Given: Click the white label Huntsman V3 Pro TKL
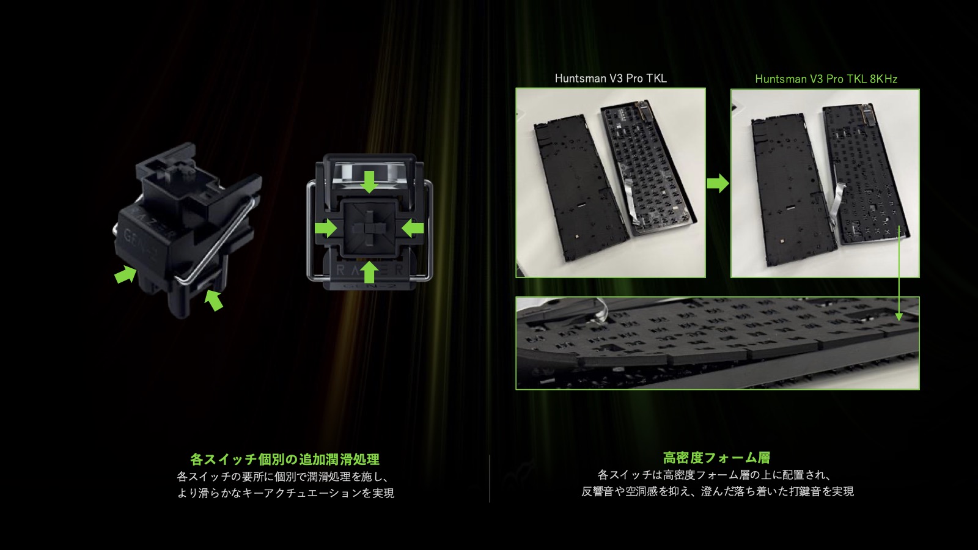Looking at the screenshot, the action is point(611,79).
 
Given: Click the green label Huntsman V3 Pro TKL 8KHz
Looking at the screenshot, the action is point(826,79).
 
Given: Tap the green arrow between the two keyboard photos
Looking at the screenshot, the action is point(718,183).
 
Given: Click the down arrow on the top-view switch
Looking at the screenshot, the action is point(369,182).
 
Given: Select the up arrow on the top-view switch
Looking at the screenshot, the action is point(369,271).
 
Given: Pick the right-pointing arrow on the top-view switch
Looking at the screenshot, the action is point(326,228).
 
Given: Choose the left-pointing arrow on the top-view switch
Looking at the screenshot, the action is point(412,228).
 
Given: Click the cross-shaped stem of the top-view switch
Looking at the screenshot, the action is point(369,228).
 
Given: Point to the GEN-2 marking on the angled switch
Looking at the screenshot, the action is point(140,244).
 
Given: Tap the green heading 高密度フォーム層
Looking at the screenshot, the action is point(716,458).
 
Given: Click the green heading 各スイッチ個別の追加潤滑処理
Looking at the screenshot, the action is point(285,459).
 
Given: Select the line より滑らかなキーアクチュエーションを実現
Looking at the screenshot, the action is point(285,493).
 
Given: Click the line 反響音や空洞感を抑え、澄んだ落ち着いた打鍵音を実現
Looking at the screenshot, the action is point(718,491).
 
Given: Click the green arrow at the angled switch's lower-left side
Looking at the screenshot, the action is point(126,274).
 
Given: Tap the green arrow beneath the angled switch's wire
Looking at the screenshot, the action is point(214,300).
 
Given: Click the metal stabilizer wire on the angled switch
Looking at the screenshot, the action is point(218,240).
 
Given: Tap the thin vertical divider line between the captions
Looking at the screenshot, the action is point(490,479).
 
